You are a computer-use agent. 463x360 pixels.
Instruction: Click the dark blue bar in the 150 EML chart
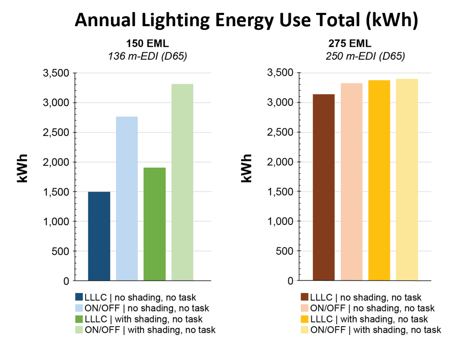pos(99,236)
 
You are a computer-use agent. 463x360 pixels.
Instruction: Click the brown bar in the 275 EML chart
pos(323,187)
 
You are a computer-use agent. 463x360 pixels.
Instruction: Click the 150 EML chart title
pos(147,43)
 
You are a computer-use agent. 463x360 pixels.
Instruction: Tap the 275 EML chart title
pos(350,43)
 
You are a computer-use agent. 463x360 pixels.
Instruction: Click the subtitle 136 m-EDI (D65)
pos(147,56)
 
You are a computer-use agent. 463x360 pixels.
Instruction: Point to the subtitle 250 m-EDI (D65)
pos(365,56)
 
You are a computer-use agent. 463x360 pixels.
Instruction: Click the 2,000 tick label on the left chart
pos(56,162)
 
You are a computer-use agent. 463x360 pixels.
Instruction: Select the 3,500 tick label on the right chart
pos(280,73)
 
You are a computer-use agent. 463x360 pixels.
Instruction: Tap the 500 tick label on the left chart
pos(60,251)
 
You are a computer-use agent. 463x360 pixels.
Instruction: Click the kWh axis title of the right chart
pos(246,168)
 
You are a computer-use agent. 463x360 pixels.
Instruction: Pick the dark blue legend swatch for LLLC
pos(79,297)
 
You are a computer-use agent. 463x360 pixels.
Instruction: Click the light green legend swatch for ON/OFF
pos(79,330)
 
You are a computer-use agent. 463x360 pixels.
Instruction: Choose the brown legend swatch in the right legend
pos(304,297)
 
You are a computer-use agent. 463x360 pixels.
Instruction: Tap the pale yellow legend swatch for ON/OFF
pos(304,330)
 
